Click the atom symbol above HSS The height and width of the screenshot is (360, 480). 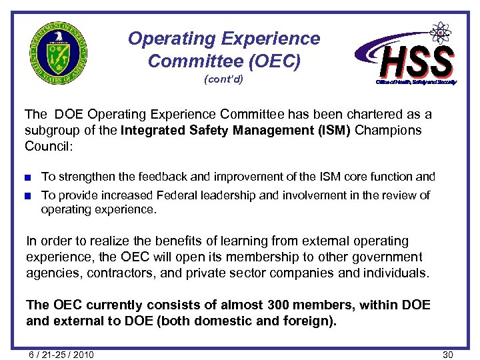pyautogui.click(x=439, y=32)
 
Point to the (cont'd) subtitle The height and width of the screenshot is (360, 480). pyautogui.click(x=223, y=80)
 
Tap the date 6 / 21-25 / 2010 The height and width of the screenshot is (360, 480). pyautogui.click(x=61, y=354)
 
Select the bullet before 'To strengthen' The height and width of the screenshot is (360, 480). pyautogui.click(x=29, y=177)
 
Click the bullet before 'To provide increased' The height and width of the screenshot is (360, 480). pyautogui.click(x=29, y=195)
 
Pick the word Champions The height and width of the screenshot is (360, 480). pyautogui.click(x=388, y=130)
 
